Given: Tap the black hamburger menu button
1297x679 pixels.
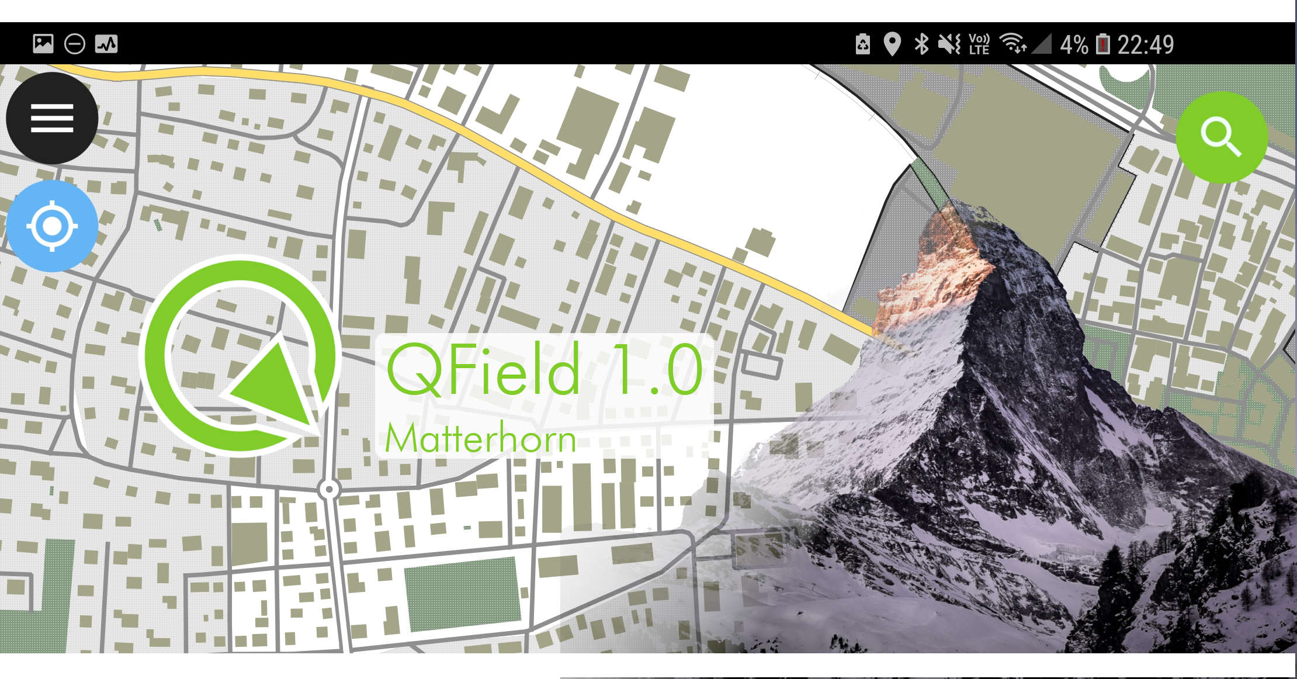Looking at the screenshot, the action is tap(52, 118).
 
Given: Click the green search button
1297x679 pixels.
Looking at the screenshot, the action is tap(1222, 137).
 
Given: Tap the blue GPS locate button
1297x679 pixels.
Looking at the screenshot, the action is tap(52, 226).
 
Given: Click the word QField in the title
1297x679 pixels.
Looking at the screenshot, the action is tap(483, 370).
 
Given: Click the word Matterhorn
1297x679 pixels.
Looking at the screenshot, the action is tap(480, 439).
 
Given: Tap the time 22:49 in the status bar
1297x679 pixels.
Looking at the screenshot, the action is tap(1145, 44).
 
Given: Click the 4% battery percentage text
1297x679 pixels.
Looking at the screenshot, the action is tap(1074, 44).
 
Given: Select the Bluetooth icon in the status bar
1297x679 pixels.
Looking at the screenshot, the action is tap(921, 44).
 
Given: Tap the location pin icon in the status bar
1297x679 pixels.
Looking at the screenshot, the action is tap(892, 44).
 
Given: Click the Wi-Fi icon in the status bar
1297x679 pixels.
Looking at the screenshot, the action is tap(1012, 43).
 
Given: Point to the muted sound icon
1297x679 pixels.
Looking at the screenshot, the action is tap(949, 44).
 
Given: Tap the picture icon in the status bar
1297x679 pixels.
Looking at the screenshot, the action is tap(43, 44).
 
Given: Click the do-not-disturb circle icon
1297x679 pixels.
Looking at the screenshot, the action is tap(75, 44).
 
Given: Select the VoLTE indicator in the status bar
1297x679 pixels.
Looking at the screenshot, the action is tap(979, 44).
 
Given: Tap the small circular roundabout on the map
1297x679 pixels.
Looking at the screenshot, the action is tap(330, 489).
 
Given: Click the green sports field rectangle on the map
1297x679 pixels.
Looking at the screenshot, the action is tap(462, 593).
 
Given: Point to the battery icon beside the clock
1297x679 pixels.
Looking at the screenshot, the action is tap(1102, 44).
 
